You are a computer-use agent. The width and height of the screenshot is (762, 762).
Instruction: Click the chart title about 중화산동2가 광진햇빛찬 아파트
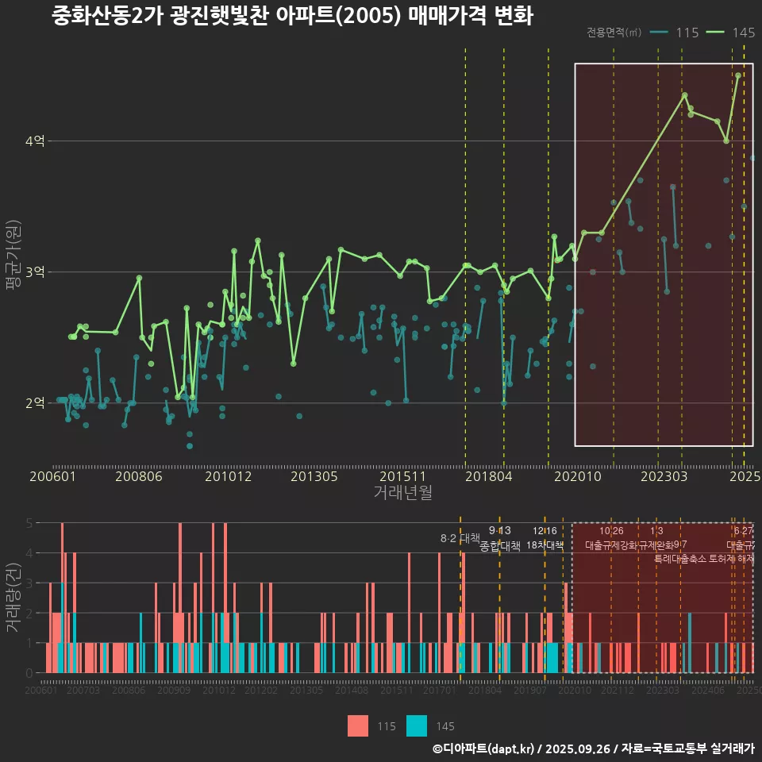(292, 16)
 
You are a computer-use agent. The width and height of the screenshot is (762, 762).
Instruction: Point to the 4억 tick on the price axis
(36, 141)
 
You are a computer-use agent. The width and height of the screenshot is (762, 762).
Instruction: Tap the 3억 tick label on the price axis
(36, 272)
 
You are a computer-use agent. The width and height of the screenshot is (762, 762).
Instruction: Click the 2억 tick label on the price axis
(36, 403)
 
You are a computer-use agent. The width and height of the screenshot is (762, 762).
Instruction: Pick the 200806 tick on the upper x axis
(139, 477)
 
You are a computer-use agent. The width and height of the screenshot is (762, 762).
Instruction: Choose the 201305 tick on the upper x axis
(314, 477)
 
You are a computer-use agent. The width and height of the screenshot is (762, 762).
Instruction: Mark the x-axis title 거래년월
(402, 493)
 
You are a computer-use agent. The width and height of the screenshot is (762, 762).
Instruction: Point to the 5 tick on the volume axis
(29, 523)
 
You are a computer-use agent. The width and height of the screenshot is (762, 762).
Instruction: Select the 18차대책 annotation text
(545, 545)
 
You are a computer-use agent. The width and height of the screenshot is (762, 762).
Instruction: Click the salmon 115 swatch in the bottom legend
(358, 725)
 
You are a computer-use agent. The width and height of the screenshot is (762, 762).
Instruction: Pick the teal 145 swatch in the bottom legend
(417, 725)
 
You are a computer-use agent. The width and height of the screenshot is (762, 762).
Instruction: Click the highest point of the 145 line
(738, 75)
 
